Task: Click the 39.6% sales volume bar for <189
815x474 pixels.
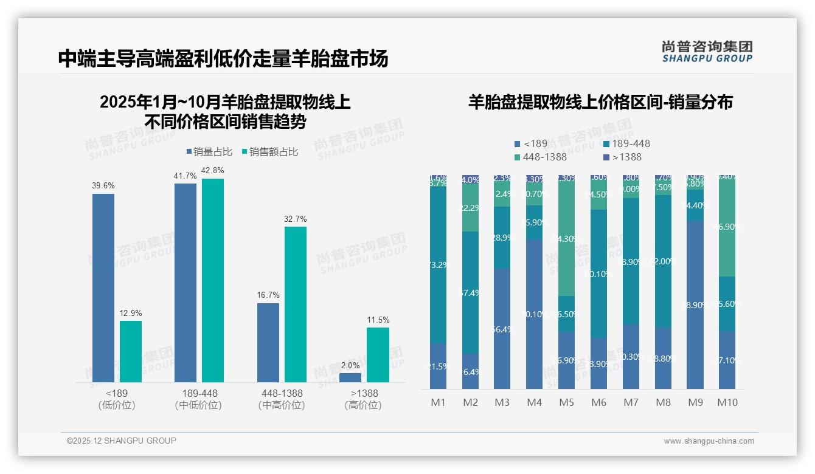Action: [x=103, y=287]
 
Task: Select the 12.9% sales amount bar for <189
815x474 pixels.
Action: [x=131, y=351]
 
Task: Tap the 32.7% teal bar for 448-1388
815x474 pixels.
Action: [x=296, y=304]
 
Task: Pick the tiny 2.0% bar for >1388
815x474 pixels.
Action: [x=350, y=377]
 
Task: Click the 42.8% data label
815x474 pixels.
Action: [x=213, y=171]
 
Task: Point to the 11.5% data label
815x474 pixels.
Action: [x=378, y=320]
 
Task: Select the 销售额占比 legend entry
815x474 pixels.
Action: [x=270, y=152]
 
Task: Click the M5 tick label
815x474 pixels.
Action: [x=566, y=402]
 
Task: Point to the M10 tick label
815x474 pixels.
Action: [x=727, y=402]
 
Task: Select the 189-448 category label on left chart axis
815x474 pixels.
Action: [x=199, y=393]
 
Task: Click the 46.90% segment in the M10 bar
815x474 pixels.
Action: [x=727, y=227]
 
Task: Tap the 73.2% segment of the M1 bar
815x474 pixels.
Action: [x=438, y=265]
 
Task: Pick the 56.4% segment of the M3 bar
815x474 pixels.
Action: [x=502, y=329]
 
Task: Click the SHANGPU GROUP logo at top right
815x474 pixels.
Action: [x=707, y=52]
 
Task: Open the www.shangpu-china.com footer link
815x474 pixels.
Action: [x=709, y=441]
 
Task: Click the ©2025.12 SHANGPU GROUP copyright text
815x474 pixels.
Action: [x=122, y=441]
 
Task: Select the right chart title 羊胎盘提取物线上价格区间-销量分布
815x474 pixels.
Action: [x=600, y=102]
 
